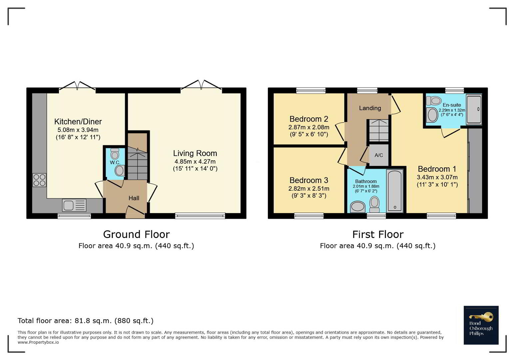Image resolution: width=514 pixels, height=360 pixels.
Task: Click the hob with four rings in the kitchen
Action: tap(39, 180)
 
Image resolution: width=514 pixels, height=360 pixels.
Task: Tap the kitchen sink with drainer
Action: tap(74, 205)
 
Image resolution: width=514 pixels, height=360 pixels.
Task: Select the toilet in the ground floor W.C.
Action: tap(115, 154)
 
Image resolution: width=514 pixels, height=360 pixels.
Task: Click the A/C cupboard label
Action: tap(379, 155)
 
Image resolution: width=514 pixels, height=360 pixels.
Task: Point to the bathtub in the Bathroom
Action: tap(395, 191)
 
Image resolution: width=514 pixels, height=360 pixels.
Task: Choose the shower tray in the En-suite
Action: tap(474, 109)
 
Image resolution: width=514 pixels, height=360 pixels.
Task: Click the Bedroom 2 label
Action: tap(308, 119)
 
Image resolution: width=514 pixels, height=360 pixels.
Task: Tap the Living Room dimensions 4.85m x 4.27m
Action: tap(195, 161)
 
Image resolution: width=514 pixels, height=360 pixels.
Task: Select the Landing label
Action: tap(370, 108)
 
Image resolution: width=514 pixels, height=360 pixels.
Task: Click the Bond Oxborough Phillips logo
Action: tap(481, 325)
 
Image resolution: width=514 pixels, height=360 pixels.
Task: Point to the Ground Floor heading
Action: tap(137, 234)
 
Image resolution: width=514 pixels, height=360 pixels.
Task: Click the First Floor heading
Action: tap(378, 234)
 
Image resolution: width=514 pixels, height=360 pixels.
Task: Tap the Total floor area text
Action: tap(85, 321)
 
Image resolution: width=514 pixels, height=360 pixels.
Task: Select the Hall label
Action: tap(134, 198)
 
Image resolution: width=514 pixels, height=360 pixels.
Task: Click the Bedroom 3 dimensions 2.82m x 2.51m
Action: tap(308, 188)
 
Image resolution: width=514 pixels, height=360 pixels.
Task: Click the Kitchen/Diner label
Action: tap(78, 121)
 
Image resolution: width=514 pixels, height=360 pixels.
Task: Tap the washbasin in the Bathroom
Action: tap(358, 207)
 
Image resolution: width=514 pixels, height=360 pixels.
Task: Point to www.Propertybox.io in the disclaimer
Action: tap(38, 342)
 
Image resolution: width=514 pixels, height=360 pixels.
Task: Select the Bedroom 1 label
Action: tap(437, 169)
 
